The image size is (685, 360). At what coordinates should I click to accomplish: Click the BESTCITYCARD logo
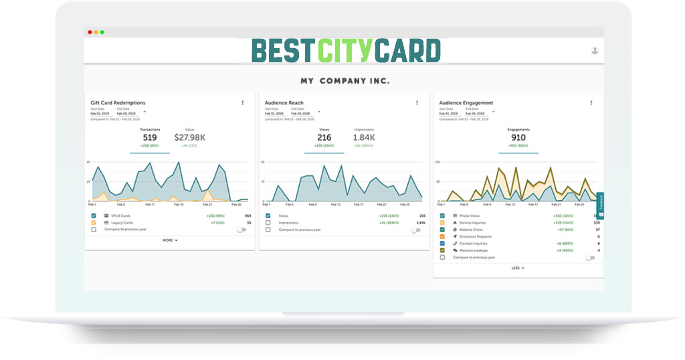(346, 51)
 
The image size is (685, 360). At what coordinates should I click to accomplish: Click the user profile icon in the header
(595, 51)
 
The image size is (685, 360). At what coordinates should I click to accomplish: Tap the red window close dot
(90, 32)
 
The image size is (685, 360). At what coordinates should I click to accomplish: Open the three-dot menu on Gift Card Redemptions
(242, 102)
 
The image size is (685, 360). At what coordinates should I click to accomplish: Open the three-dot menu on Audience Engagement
(591, 102)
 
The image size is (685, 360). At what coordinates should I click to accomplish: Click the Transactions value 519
(149, 138)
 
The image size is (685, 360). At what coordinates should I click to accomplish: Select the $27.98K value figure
(189, 138)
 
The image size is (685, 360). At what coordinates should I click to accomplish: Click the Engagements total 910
(518, 138)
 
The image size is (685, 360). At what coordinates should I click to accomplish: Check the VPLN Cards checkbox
(94, 215)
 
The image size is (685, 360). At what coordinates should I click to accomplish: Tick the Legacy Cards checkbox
(94, 222)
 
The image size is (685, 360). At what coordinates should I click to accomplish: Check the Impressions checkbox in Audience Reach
(268, 222)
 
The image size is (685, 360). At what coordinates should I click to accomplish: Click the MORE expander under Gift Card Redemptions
(170, 240)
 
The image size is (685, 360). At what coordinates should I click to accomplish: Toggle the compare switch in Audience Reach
(416, 230)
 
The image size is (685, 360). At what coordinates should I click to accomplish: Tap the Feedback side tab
(600, 203)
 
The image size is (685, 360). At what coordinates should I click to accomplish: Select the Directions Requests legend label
(476, 236)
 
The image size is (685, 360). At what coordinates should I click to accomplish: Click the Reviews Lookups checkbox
(442, 250)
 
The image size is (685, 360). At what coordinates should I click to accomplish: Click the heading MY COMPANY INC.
(345, 81)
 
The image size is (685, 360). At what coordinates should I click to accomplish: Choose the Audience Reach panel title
(284, 103)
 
